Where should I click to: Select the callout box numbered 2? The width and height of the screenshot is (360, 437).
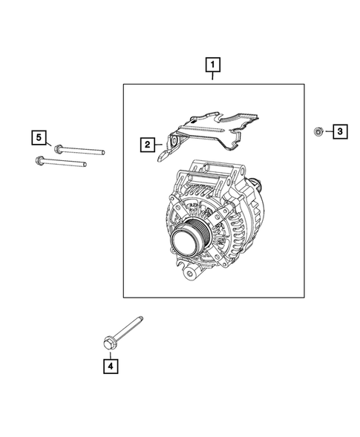[x=148, y=144]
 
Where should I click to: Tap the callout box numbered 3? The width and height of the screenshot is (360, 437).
[x=338, y=132]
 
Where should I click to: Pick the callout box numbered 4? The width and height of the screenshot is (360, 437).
[x=110, y=365]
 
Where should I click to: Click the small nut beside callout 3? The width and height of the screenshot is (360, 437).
[x=317, y=132]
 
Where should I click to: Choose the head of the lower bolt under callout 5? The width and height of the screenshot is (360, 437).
[x=39, y=159]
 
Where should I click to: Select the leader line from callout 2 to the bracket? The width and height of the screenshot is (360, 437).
[x=160, y=144]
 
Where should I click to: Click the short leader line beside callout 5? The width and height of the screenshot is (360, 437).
[x=49, y=141]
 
